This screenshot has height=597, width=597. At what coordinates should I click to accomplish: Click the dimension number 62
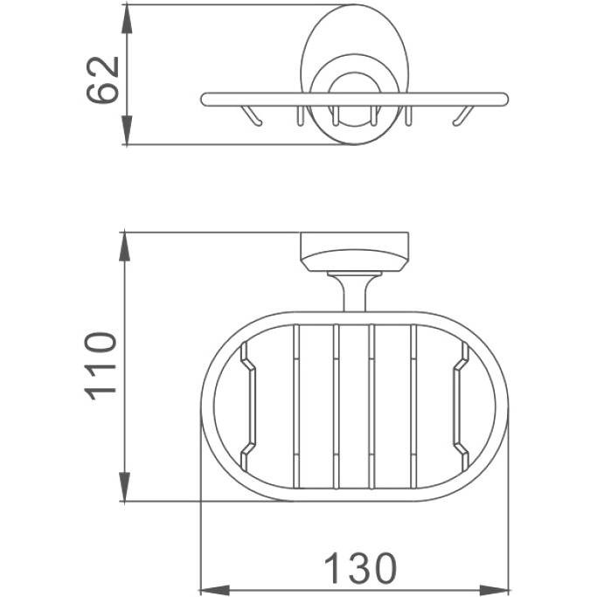[x=103, y=80]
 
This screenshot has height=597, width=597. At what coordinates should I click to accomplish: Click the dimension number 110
[x=101, y=366]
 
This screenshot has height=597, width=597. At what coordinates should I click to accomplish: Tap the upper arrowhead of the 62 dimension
[x=127, y=20]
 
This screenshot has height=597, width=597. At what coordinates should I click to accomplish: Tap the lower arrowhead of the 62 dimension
[x=127, y=130]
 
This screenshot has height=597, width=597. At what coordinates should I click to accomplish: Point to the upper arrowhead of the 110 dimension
[x=124, y=246]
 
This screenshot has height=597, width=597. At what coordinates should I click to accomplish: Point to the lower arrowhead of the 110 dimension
[x=124, y=487]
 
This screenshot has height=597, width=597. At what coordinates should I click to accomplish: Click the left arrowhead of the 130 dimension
[x=215, y=591]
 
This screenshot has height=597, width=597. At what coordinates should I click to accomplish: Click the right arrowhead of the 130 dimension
[x=494, y=591]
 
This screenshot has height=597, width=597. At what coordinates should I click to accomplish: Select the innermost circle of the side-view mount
[x=355, y=73]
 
